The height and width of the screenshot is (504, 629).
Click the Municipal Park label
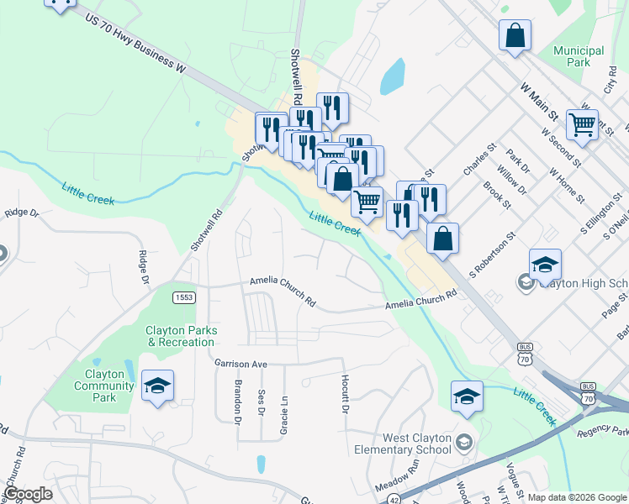(x=579, y=56)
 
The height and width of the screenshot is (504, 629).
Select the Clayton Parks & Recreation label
(x=181, y=336)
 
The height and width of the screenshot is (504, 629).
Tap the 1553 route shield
(x=184, y=297)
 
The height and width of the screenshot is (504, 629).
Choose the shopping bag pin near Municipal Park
(x=515, y=36)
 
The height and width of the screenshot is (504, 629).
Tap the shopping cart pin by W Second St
(x=582, y=124)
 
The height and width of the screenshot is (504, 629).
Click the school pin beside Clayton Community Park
(x=157, y=386)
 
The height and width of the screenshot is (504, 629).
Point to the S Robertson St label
(x=490, y=256)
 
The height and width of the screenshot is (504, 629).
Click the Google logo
(x=28, y=494)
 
